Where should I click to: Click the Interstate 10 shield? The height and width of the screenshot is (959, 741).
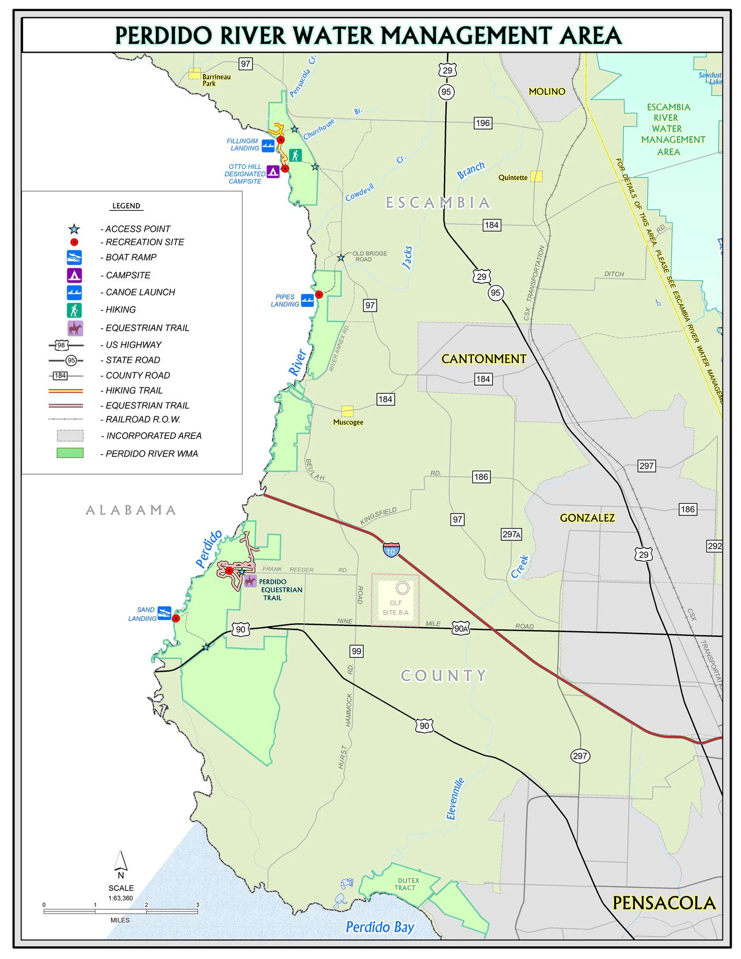point(391,550)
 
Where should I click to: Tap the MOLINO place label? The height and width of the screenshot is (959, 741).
point(546,91)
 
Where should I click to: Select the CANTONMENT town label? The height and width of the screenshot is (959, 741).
point(483,359)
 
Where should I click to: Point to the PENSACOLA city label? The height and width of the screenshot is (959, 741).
point(663,903)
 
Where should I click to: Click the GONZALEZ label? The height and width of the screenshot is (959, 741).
point(587,518)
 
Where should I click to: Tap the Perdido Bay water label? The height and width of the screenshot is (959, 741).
point(380,927)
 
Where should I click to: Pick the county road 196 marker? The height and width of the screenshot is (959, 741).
point(482,123)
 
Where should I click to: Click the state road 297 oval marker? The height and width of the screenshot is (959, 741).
point(580,756)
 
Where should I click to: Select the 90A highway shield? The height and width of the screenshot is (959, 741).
point(461,628)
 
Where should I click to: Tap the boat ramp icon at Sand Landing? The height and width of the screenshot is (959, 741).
point(164,613)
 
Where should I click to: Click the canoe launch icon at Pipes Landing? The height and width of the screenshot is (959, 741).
point(307,300)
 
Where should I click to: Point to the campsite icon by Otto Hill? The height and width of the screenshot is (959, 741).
point(273,171)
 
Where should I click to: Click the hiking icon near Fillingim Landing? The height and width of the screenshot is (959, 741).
point(295,155)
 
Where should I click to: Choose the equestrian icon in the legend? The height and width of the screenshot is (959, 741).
point(75,328)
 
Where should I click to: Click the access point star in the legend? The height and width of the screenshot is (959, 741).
point(74,229)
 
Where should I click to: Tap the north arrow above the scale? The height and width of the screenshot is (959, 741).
point(120,861)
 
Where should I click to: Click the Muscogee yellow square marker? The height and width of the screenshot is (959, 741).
point(347,411)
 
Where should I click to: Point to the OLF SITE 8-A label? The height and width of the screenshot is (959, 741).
point(395,607)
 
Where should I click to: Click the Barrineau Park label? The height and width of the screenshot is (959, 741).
point(216,80)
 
